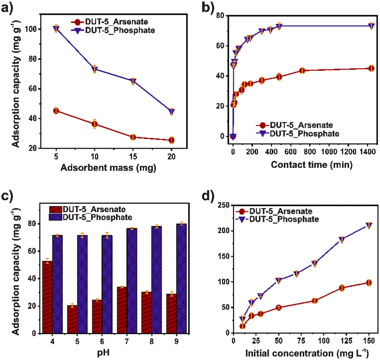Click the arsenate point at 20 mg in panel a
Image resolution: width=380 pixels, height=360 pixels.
172,140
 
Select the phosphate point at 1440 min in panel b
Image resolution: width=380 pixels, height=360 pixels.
371,26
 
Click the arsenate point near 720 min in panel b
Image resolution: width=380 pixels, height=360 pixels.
302,70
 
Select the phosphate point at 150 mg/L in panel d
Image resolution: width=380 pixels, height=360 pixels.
369,225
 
